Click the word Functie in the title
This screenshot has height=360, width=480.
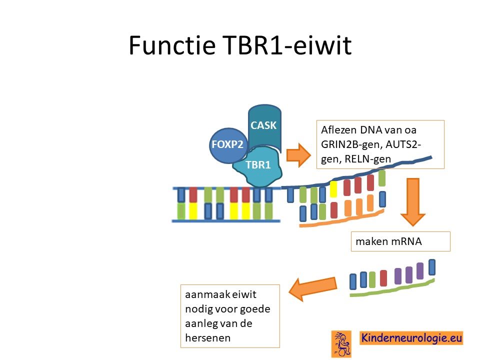[172, 45]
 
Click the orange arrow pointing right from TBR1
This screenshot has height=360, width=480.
[298, 155]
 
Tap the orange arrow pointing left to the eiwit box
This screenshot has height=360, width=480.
[312, 288]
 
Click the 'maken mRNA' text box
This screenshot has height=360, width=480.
[400, 241]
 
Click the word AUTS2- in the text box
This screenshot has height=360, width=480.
[403, 144]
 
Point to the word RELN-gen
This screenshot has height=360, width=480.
[367, 159]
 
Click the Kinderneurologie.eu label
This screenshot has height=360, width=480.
[411, 338]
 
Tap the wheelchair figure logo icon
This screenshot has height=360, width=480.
[341, 344]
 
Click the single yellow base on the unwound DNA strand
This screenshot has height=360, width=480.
[333, 189]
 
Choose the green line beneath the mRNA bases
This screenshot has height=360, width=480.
[392, 288]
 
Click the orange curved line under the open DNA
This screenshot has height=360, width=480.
[341, 219]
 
